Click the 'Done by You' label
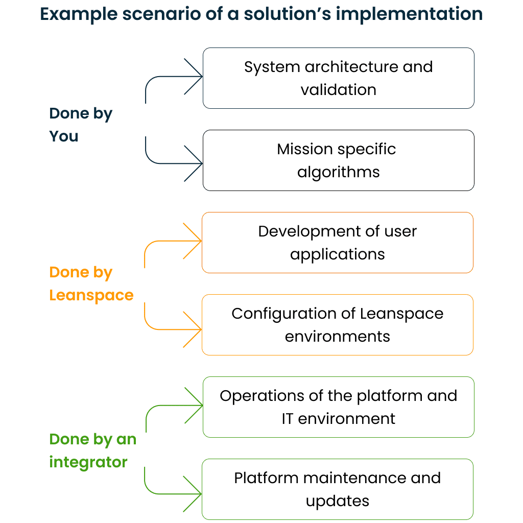(x=81, y=125)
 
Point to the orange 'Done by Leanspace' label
(x=91, y=283)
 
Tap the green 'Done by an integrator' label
(x=93, y=450)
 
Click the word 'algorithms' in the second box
(x=339, y=173)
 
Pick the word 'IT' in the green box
(x=287, y=419)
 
